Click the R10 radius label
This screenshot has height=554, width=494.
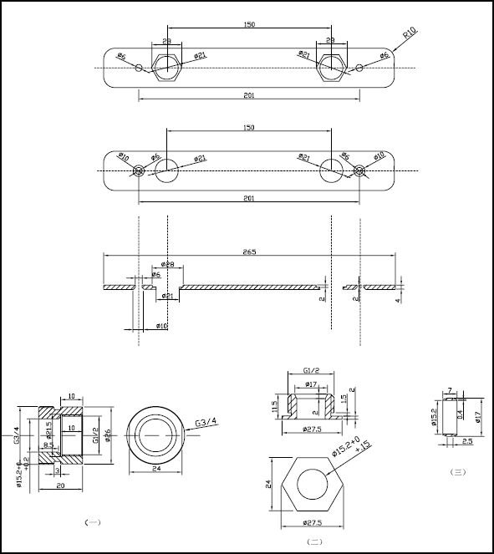click(x=409, y=34)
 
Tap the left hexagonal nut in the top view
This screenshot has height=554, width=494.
click(x=167, y=67)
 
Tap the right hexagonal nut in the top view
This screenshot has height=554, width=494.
click(x=332, y=67)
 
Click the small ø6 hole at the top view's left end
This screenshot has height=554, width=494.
click(x=139, y=68)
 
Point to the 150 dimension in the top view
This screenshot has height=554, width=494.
click(x=249, y=25)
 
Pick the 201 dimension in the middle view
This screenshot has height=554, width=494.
click(x=249, y=198)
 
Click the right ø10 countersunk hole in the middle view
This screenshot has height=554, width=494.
click(x=359, y=170)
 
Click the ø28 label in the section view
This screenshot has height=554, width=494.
click(x=167, y=265)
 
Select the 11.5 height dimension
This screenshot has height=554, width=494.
click(x=274, y=405)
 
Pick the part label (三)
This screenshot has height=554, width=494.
click(x=457, y=472)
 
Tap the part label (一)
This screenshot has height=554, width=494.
click(x=93, y=522)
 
